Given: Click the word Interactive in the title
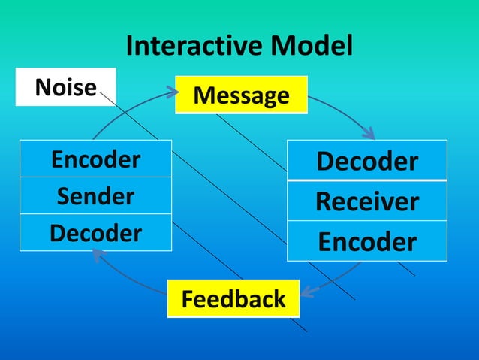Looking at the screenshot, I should tap(192, 47).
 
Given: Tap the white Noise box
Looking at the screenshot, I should tap(65, 87).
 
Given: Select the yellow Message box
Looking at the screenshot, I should tap(241, 95).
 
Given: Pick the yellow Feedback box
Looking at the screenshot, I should tap(233, 298).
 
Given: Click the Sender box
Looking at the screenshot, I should tap(95, 196).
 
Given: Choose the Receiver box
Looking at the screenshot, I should tap(367, 201).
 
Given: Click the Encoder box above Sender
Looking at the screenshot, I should tap(95, 159).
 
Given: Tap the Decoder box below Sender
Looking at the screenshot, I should tap(95, 233).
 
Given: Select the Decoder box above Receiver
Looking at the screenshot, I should tap(367, 161).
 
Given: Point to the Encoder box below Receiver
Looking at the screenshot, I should tap(367, 241).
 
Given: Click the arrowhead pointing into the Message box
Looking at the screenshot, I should tap(173, 92).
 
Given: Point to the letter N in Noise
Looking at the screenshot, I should tap(43, 88).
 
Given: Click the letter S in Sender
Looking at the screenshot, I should tap(63, 197).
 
